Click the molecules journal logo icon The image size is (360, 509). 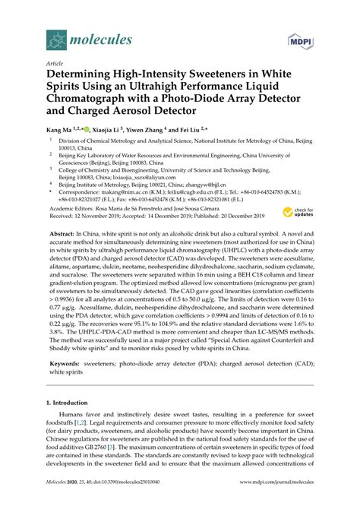tap(55, 38)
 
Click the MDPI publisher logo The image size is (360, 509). tap(300, 39)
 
